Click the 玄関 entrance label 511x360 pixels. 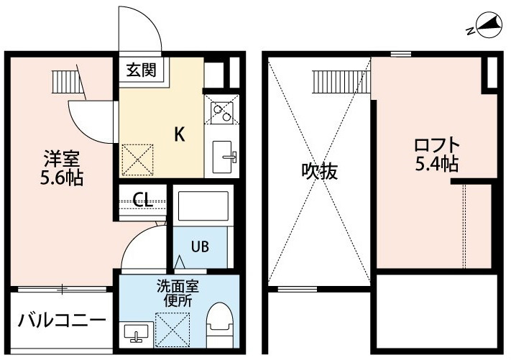click(142, 70)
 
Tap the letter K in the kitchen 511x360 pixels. click(180, 134)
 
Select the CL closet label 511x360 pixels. click(143, 199)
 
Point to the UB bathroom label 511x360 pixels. click(200, 246)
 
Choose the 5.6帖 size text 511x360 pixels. click(62, 177)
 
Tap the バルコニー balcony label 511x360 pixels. click(62, 320)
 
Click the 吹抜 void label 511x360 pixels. click(319, 171)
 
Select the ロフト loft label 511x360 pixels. click(437, 146)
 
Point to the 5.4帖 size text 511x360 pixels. click(437, 165)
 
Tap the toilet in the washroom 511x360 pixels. click(221, 325)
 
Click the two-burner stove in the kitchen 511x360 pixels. click(222, 113)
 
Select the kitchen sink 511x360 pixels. click(222, 157)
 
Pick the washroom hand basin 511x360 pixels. click(137, 333)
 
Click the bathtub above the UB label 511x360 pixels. click(203, 206)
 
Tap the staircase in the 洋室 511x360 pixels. click(66, 82)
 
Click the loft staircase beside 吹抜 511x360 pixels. click(341, 81)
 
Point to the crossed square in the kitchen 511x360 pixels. click(137, 160)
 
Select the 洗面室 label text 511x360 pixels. click(178, 287)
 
